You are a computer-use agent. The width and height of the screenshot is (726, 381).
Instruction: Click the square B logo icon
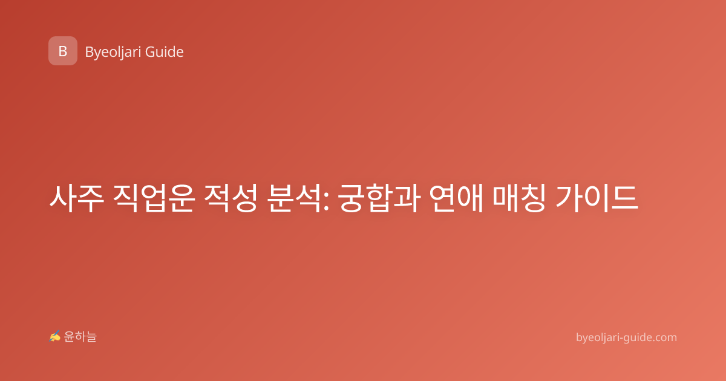(x=63, y=51)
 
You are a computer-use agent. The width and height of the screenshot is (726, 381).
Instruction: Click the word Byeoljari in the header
(x=113, y=52)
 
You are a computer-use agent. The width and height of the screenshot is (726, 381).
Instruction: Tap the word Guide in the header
(x=165, y=52)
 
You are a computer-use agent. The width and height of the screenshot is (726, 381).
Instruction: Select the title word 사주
(x=77, y=198)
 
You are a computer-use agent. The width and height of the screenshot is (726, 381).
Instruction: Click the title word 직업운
(x=154, y=198)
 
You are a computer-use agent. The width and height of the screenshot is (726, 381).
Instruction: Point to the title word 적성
(x=231, y=198)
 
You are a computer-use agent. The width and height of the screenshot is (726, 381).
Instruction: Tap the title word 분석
(x=294, y=198)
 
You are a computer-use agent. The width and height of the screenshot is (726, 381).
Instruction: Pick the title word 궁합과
(x=379, y=198)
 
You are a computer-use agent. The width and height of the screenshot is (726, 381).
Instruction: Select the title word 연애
(x=456, y=198)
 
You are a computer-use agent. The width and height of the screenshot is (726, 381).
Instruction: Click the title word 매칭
(x=520, y=198)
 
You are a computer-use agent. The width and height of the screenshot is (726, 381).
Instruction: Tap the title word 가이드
(x=597, y=198)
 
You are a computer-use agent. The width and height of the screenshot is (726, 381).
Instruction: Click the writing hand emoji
(x=55, y=336)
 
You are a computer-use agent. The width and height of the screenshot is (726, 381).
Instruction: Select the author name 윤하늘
(x=80, y=337)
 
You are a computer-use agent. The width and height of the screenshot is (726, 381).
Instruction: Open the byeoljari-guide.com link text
(x=626, y=337)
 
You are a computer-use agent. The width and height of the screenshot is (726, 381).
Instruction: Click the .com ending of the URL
(x=664, y=337)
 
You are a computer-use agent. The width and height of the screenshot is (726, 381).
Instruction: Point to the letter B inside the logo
(x=63, y=51)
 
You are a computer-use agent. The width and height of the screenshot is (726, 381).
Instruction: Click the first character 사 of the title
(x=63, y=198)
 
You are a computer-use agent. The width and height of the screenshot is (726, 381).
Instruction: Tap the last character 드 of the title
(x=624, y=198)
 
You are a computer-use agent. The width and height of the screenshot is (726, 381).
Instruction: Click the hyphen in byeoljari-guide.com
(x=621, y=338)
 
